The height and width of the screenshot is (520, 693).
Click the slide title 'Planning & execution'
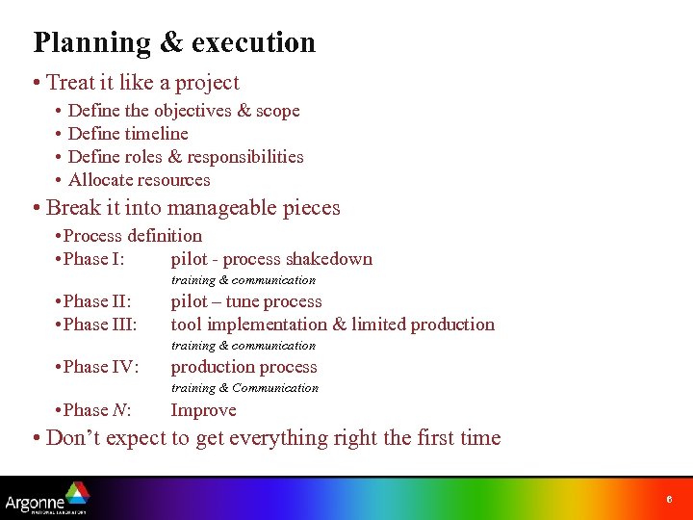[174, 42]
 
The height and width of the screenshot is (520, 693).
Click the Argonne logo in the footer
[46, 499]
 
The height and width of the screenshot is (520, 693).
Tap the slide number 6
[669, 500]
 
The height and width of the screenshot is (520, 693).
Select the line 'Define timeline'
[128, 134]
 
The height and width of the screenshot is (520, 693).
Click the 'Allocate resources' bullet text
[139, 180]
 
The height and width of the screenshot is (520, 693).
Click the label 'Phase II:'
[96, 301]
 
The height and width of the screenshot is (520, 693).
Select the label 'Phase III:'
[99, 325]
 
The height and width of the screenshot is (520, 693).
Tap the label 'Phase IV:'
[100, 367]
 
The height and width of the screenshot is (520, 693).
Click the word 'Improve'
[203, 410]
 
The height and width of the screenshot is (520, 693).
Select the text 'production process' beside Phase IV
[244, 367]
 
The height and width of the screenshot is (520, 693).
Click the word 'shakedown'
[329, 259]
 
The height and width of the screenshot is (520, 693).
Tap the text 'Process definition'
[133, 236]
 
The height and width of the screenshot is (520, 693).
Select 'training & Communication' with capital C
[244, 388]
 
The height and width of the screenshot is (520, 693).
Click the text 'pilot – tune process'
[246, 301]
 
